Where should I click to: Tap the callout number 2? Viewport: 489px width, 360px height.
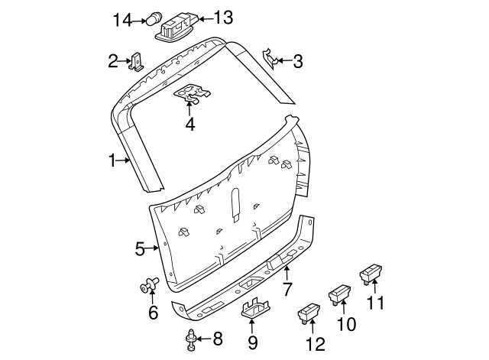pyautogui.click(x=113, y=60)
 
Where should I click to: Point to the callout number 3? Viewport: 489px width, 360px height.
pyautogui.click(x=296, y=61)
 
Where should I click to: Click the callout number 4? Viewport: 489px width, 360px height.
pyautogui.click(x=189, y=124)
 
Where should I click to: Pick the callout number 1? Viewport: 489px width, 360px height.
pyautogui.click(x=112, y=161)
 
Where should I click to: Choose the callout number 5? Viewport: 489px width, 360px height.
pyautogui.click(x=140, y=248)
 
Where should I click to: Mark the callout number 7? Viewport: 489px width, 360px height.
pyautogui.click(x=287, y=290)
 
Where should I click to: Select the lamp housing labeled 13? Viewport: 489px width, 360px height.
pyautogui.click(x=176, y=25)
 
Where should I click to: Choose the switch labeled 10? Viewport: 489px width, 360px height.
pyautogui.click(x=339, y=293)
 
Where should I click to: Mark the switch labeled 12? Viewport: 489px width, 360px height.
pyautogui.click(x=309, y=313)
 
